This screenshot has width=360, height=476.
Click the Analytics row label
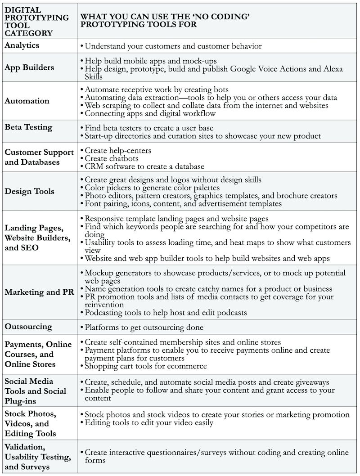22,45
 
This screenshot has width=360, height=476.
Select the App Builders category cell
29,67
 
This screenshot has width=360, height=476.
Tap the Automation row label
27,101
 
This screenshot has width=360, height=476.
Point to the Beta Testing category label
28,127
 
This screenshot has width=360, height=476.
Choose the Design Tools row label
29,191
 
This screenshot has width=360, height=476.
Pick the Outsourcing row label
28,327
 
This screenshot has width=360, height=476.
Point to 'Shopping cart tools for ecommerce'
146,366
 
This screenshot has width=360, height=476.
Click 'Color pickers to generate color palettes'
152,188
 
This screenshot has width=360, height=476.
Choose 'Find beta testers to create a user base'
148,128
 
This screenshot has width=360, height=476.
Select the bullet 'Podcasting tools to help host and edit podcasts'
166,313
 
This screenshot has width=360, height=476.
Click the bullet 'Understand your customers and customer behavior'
173,46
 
